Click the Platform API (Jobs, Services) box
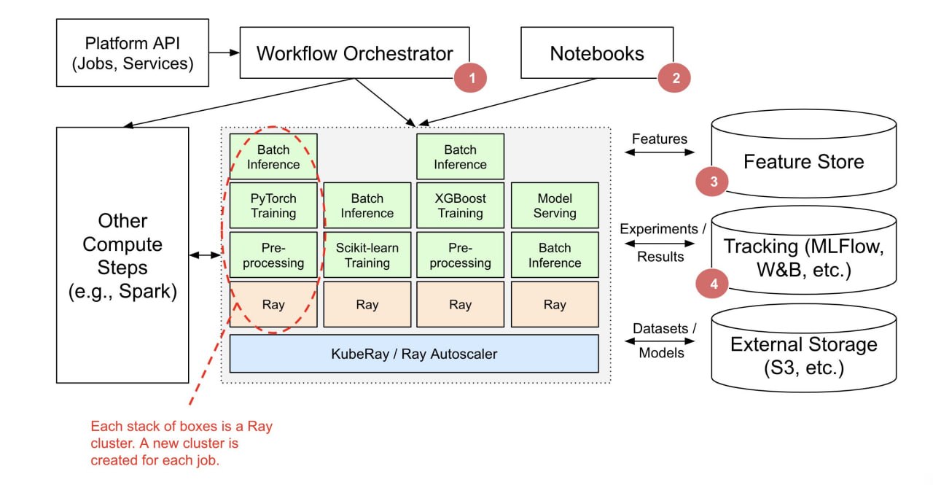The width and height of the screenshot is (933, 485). (133, 53)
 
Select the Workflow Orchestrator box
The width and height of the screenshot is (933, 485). (354, 53)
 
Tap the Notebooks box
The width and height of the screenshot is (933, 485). (597, 53)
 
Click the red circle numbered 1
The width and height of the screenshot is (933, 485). (471, 78)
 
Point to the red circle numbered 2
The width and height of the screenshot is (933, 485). (674, 78)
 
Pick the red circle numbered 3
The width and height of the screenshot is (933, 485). (712, 182)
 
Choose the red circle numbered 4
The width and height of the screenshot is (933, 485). (712, 284)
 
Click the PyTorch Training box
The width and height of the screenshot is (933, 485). (273, 206)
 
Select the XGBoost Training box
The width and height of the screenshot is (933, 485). (460, 206)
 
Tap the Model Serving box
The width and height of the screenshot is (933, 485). (555, 206)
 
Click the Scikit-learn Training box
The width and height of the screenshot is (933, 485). (367, 255)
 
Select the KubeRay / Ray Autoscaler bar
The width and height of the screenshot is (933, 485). (414, 354)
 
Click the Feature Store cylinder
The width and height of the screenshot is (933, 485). (804, 153)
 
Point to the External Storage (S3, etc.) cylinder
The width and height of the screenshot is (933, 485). (804, 348)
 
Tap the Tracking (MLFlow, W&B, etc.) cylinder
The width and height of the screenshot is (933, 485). (804, 250)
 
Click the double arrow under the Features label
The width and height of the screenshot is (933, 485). (660, 152)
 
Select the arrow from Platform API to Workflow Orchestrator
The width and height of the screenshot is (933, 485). (224, 53)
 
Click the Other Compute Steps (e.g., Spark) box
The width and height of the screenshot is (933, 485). (122, 255)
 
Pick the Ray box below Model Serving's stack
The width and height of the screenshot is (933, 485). (555, 304)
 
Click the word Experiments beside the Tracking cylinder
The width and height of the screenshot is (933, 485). (658, 229)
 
